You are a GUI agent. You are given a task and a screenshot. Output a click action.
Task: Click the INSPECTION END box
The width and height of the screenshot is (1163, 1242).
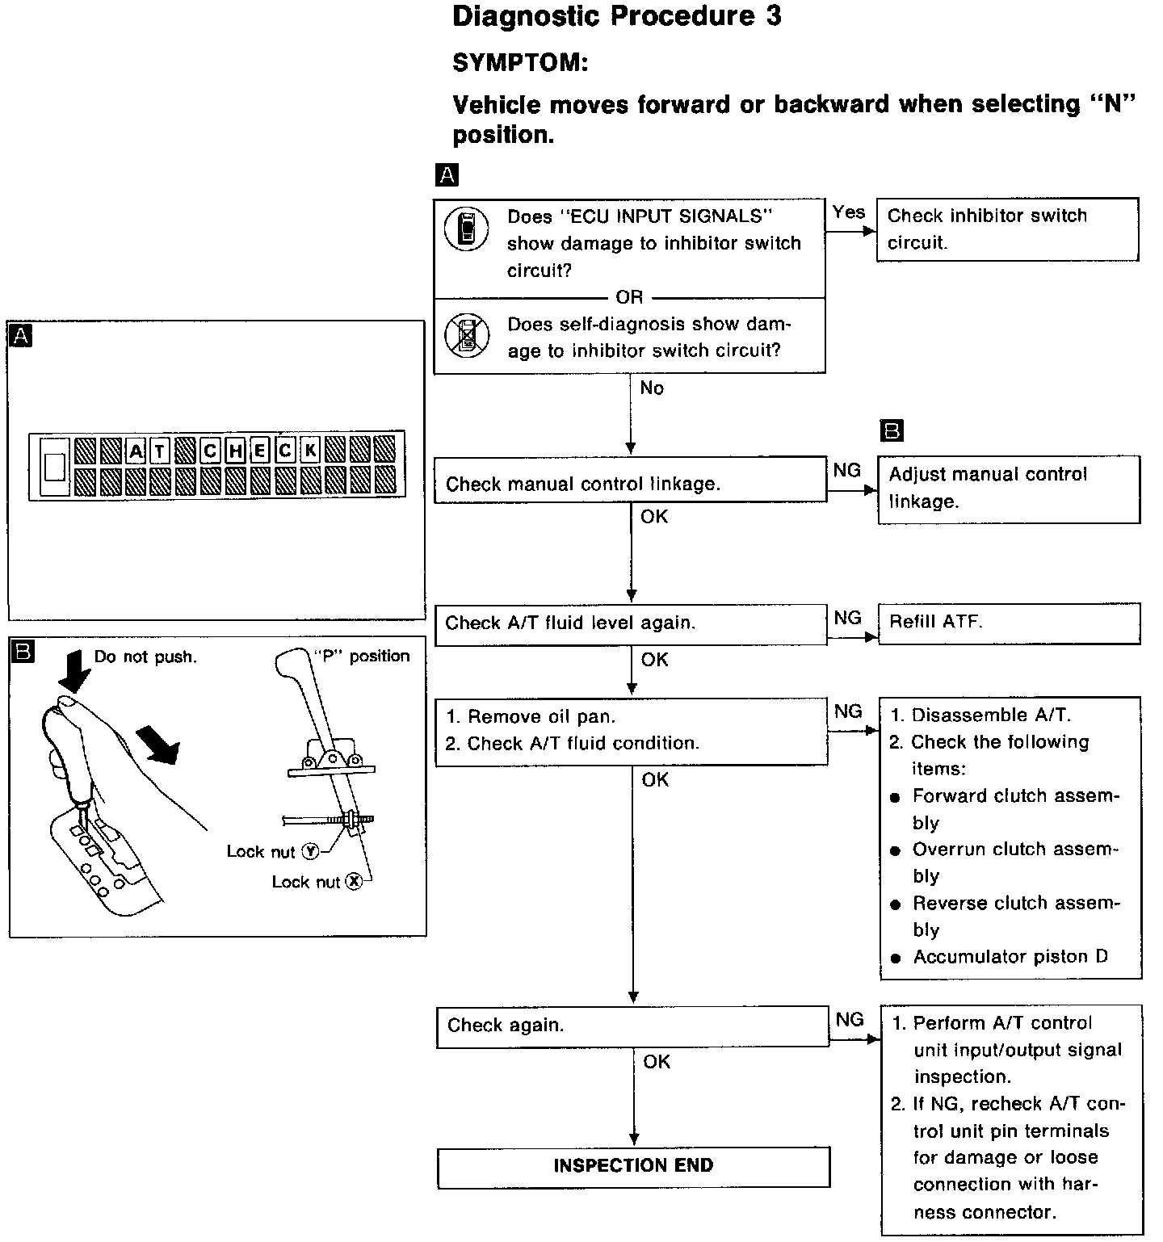[633, 1166]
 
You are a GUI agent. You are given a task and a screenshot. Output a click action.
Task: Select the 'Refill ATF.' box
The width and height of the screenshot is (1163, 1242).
[1009, 623]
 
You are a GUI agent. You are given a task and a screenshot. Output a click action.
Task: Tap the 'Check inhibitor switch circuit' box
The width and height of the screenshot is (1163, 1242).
[1007, 229]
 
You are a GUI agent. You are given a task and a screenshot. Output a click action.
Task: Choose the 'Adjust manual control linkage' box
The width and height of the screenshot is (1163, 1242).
[1009, 489]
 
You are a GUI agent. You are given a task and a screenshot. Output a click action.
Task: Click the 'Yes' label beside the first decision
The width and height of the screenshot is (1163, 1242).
[848, 212]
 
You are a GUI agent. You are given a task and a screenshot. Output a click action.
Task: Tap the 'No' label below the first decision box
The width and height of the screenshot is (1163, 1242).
[651, 388]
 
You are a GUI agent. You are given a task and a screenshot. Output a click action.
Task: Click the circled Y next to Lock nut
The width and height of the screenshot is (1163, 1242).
[310, 851]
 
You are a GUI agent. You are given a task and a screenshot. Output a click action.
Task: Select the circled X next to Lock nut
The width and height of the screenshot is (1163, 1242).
[354, 882]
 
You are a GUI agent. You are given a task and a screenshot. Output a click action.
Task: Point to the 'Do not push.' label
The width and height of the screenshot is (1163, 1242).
[145, 657]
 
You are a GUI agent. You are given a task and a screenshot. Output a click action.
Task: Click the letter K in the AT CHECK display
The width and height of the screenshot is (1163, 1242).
[310, 450]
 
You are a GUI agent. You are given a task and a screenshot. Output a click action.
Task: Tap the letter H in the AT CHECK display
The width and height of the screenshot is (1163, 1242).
[235, 450]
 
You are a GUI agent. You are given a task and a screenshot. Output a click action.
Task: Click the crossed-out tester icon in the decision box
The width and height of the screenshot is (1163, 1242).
[467, 336]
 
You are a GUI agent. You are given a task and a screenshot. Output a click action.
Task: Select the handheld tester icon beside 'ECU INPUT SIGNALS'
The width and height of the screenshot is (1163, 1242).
[467, 229]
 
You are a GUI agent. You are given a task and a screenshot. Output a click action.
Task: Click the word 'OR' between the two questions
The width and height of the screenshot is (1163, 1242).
[629, 297]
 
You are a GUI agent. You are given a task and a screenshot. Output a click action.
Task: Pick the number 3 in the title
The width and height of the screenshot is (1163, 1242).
[772, 16]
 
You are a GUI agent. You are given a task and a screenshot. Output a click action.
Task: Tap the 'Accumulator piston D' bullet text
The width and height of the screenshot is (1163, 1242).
[1010, 957]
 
